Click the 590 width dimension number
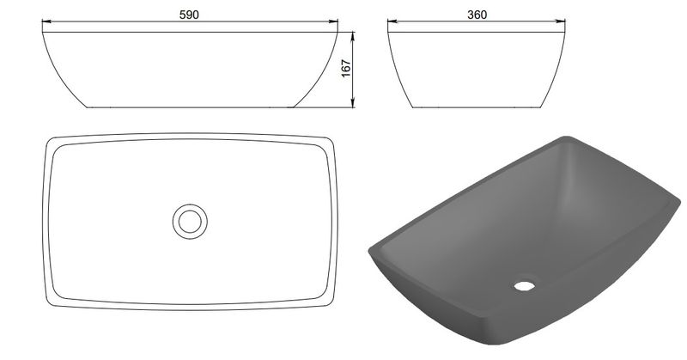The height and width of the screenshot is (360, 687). pos(189,15)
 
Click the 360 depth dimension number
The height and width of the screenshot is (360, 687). pos(477,15)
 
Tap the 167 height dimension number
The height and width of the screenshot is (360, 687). pos(346,69)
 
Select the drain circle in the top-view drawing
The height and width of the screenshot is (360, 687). pos(190,222)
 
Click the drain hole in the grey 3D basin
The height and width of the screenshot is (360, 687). pos(525,286)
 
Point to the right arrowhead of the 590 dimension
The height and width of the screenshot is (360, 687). pos(333,21)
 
